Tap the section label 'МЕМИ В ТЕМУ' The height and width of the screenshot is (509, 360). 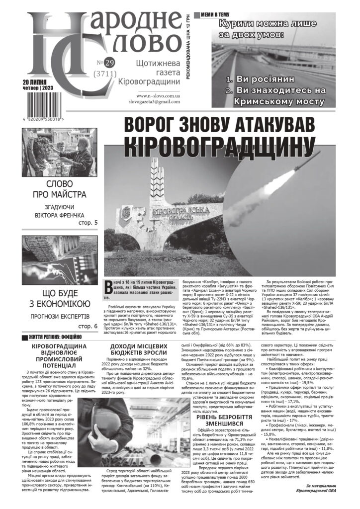pos(218,15)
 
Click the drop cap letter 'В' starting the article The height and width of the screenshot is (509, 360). pos(109,286)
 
